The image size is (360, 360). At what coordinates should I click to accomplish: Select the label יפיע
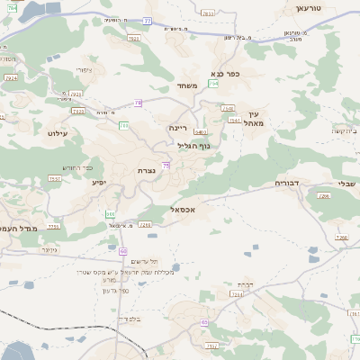click(x=99, y=182)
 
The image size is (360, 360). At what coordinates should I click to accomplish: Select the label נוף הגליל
click(x=193, y=145)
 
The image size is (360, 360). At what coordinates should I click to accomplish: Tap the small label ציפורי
click(x=84, y=69)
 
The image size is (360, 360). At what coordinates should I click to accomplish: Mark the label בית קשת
click(x=343, y=131)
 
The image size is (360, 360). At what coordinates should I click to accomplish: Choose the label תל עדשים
click(x=141, y=261)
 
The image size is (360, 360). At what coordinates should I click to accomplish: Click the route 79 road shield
click(x=138, y=103)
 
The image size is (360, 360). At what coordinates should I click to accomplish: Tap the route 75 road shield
click(x=166, y=165)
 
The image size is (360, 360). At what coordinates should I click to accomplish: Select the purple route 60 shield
click(x=122, y=250)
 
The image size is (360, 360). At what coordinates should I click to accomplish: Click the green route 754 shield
click(x=212, y=84)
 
